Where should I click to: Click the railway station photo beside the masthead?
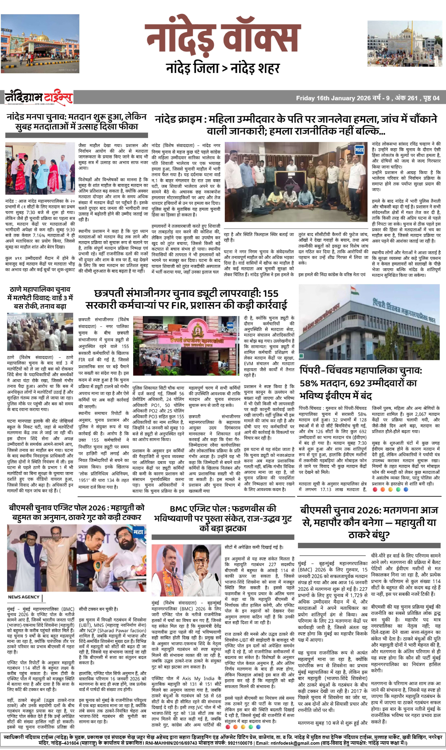40,44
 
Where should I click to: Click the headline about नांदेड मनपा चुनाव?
77,122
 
